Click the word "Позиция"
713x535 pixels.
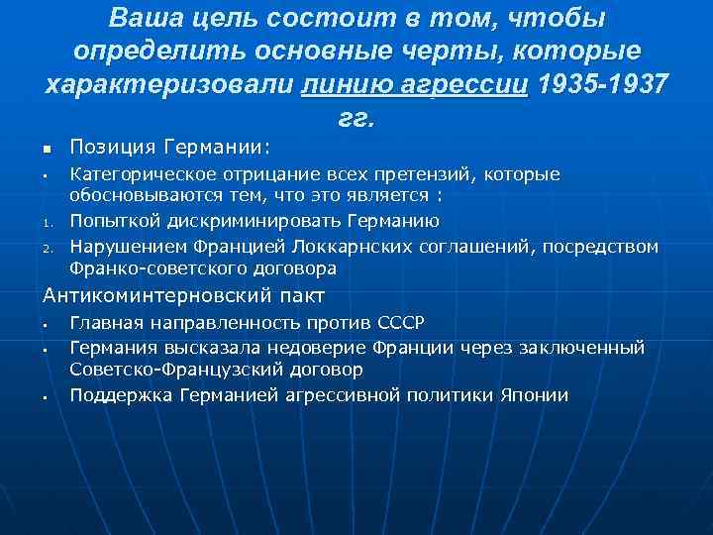pos(109,148)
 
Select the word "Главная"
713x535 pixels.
pos(106,322)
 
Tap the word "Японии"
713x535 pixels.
pos(535,395)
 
